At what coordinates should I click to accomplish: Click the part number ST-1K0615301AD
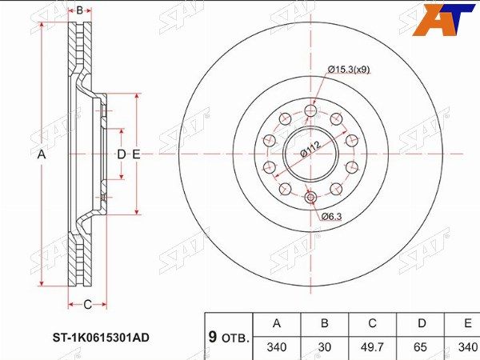click(102, 338)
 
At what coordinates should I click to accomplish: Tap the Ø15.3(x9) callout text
click(349, 70)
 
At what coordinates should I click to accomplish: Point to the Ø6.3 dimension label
click(331, 217)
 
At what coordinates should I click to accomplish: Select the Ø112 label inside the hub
click(310, 149)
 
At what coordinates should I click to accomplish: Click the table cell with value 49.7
click(372, 347)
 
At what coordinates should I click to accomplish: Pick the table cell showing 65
click(420, 347)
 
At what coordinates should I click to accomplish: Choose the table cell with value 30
click(325, 347)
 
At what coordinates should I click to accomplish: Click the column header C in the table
click(372, 323)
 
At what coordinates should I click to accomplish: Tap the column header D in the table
click(422, 323)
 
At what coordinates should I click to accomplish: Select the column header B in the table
click(325, 323)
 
